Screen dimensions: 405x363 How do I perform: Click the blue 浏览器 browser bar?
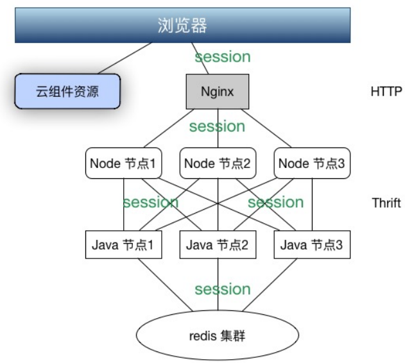tap(183, 25)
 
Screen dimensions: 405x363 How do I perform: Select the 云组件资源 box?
tap(67, 91)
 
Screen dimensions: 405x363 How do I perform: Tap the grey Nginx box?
tap(218, 92)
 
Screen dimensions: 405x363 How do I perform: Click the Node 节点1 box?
tap(123, 163)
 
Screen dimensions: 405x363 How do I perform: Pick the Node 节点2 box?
tap(218, 163)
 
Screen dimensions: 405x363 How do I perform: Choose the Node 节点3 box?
tap(312, 163)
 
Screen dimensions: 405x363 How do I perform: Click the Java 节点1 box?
tap(123, 244)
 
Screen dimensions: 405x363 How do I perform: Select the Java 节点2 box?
tap(218, 244)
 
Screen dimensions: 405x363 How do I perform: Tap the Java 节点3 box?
tap(312, 244)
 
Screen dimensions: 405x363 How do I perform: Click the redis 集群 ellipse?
tap(218, 335)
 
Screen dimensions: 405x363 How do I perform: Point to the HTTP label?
tap(386, 92)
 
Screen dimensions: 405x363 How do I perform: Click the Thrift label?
tap(386, 203)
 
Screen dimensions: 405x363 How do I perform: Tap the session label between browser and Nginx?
tap(223, 57)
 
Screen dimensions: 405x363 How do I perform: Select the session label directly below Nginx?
tap(217, 126)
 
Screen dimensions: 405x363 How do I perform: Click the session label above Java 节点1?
tap(151, 202)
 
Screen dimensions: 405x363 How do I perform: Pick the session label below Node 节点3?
tap(275, 202)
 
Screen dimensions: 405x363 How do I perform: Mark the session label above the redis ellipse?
tap(223, 289)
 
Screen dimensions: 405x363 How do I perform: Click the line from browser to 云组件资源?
tap(125, 58)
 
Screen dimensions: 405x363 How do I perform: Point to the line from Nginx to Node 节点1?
tap(169, 128)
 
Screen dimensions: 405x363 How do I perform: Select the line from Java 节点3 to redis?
tap(270, 285)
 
